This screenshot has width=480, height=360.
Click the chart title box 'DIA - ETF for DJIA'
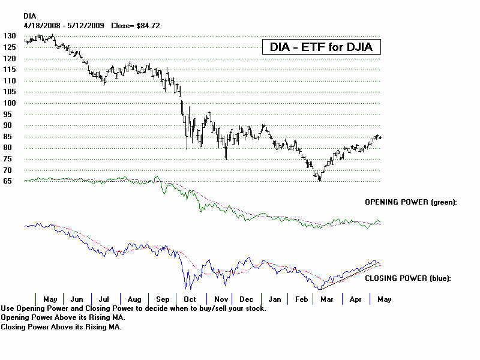[321, 47]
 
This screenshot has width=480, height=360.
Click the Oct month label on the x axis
[190, 299]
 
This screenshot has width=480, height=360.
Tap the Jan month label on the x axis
[275, 299]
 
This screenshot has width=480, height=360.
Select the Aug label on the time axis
[134, 299]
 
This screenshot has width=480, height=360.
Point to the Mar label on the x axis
[328, 299]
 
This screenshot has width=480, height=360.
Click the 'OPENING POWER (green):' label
[411, 203]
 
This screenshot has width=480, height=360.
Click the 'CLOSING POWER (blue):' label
[408, 278]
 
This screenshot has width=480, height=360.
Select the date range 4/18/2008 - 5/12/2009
[64, 26]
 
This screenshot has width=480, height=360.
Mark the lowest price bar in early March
[320, 178]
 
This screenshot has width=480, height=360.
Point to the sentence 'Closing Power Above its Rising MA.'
[61, 327]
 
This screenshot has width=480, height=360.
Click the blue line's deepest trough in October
[186, 289]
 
